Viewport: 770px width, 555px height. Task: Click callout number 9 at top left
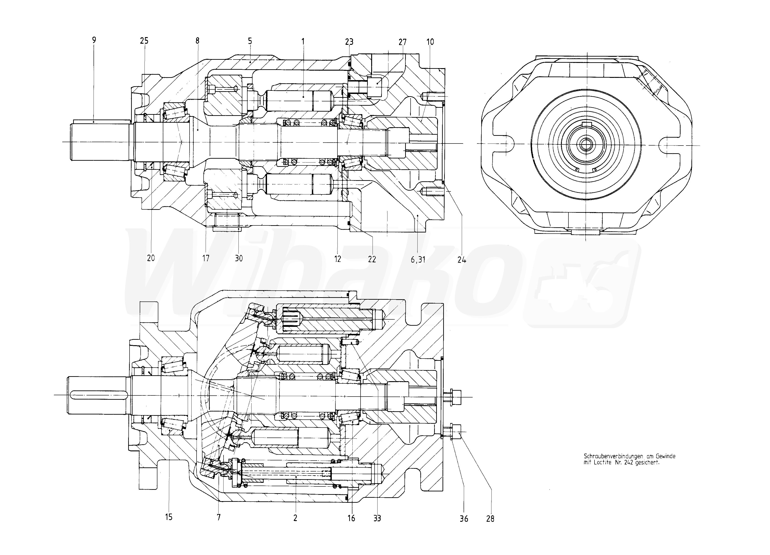click(94, 40)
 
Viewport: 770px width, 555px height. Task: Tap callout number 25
click(144, 41)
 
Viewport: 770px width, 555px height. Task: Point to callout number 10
click(430, 42)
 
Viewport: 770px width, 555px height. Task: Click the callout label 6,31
click(418, 260)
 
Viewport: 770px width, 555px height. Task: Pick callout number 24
click(462, 260)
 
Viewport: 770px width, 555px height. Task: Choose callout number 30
click(239, 258)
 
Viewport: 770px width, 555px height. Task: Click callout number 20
click(151, 258)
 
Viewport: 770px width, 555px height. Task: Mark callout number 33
click(377, 518)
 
